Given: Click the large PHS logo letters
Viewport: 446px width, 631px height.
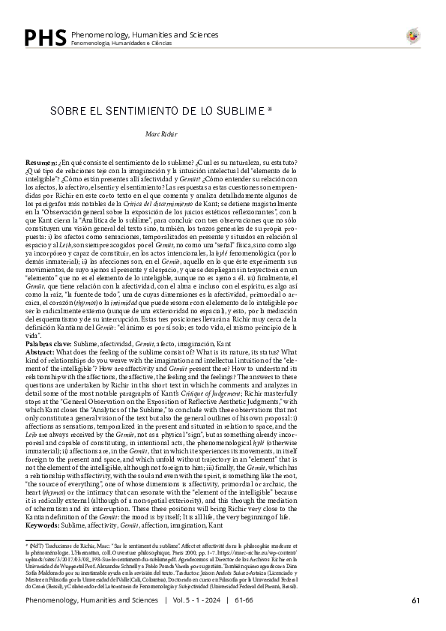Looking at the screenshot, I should click(x=44, y=37).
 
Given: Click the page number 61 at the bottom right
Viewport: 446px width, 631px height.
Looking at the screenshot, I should click(x=415, y=600).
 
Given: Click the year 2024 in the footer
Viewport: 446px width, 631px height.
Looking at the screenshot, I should click(x=213, y=600).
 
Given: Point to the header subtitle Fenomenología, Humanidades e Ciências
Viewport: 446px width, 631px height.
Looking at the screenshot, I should click(x=121, y=43).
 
